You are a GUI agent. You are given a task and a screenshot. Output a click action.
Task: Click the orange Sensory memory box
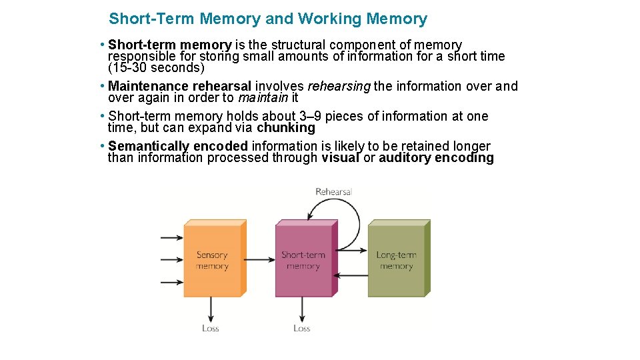tap(211, 261)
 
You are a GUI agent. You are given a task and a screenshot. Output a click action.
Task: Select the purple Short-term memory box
tap(303, 261)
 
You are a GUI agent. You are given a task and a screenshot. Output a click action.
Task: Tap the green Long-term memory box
tap(396, 261)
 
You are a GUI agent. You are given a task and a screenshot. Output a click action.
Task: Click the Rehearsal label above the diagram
tap(333, 192)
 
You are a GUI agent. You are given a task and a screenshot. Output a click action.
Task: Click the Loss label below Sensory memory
tap(210, 328)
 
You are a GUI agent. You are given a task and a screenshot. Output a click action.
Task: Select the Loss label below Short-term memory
tap(302, 328)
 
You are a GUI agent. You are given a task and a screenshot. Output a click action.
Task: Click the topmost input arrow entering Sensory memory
tap(171, 237)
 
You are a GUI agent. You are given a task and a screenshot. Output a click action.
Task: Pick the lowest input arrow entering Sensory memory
tap(171, 282)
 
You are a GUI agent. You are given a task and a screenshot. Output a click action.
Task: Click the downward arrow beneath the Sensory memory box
tap(211, 309)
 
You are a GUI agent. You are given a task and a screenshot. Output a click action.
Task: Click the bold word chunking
tap(285, 127)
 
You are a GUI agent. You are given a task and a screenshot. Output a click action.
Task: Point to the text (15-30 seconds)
tap(156, 68)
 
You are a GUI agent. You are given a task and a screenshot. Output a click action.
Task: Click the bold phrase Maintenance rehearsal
tap(179, 87)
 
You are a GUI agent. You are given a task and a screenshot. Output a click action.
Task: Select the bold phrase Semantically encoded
tap(177, 146)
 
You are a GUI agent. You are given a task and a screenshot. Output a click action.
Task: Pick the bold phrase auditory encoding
tap(436, 158)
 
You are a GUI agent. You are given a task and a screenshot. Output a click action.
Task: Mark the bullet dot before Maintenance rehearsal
tap(100, 86)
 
